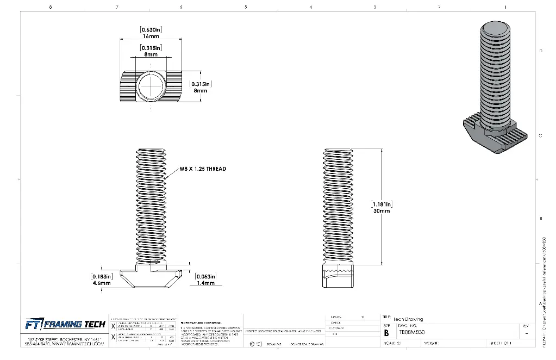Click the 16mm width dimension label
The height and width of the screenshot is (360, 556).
(x=151, y=36)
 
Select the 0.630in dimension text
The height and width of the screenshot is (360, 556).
(x=151, y=29)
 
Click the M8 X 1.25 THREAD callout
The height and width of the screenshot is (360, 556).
(x=203, y=169)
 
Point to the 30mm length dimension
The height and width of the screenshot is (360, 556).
(x=381, y=211)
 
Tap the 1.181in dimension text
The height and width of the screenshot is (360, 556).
(x=381, y=204)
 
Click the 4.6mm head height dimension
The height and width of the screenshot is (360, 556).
(x=101, y=283)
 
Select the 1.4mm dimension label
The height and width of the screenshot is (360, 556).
(x=205, y=283)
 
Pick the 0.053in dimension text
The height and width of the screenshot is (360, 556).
(x=205, y=277)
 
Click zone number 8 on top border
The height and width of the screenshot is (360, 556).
(x=51, y=7)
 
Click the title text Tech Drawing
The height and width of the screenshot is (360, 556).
(x=408, y=319)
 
